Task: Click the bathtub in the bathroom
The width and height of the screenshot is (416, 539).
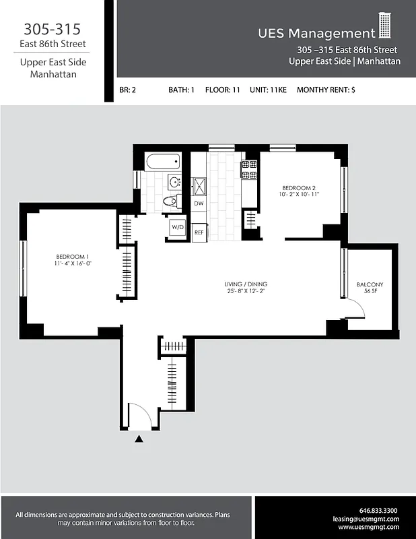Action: [163, 162]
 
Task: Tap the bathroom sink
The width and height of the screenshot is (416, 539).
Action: [174, 183]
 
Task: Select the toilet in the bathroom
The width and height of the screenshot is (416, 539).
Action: [170, 201]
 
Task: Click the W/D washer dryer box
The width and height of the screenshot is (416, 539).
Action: [177, 228]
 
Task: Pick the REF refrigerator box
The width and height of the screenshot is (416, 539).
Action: [199, 232]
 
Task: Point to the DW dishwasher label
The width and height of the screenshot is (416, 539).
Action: [199, 203]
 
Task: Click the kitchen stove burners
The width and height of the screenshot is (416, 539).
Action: [249, 169]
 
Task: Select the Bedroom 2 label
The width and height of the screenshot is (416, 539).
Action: [300, 191]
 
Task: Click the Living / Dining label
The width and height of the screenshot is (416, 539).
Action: [247, 288]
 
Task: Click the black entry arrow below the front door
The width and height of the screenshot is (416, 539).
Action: [139, 439]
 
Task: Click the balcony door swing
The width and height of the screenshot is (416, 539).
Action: [355, 309]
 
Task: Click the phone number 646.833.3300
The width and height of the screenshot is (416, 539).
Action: [379, 510]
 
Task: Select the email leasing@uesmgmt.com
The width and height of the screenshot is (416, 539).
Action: [366, 519]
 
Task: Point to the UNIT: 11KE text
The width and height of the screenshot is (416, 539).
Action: [267, 90]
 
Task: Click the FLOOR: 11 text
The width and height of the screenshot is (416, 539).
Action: [222, 90]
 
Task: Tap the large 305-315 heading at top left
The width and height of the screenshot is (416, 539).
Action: [53, 29]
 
